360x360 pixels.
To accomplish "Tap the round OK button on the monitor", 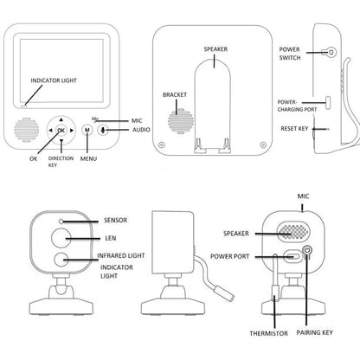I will click(60, 130).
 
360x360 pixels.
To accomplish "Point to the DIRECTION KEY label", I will click(60, 163).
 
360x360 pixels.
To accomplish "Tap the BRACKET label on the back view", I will click(175, 93).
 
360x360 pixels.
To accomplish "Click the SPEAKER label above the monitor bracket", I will click(216, 51).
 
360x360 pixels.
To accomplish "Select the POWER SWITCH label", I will click(289, 55).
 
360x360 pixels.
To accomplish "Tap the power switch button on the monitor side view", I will click(330, 53).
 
